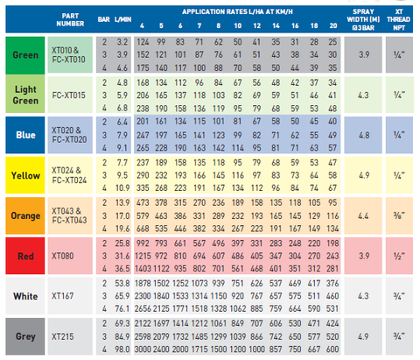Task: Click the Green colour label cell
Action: (25, 55)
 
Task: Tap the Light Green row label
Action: (25, 95)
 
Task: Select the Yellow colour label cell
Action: (25, 175)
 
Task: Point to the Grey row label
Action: (25, 336)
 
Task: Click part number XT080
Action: (63, 256)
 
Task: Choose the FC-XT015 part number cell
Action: (70, 95)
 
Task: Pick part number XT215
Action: (63, 336)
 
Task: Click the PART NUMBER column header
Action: (70, 19)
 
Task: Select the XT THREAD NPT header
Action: (399, 19)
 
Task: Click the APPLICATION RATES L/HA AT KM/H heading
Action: (237, 11)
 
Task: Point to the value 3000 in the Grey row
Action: (143, 349)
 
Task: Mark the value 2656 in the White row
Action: (143, 308)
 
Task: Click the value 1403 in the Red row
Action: (143, 269)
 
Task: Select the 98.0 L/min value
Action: (122, 349)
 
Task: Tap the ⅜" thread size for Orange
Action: (399, 215)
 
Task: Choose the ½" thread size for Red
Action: (399, 256)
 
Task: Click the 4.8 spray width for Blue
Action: (363, 135)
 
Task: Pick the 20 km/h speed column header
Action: (333, 25)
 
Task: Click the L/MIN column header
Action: (122, 19)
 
